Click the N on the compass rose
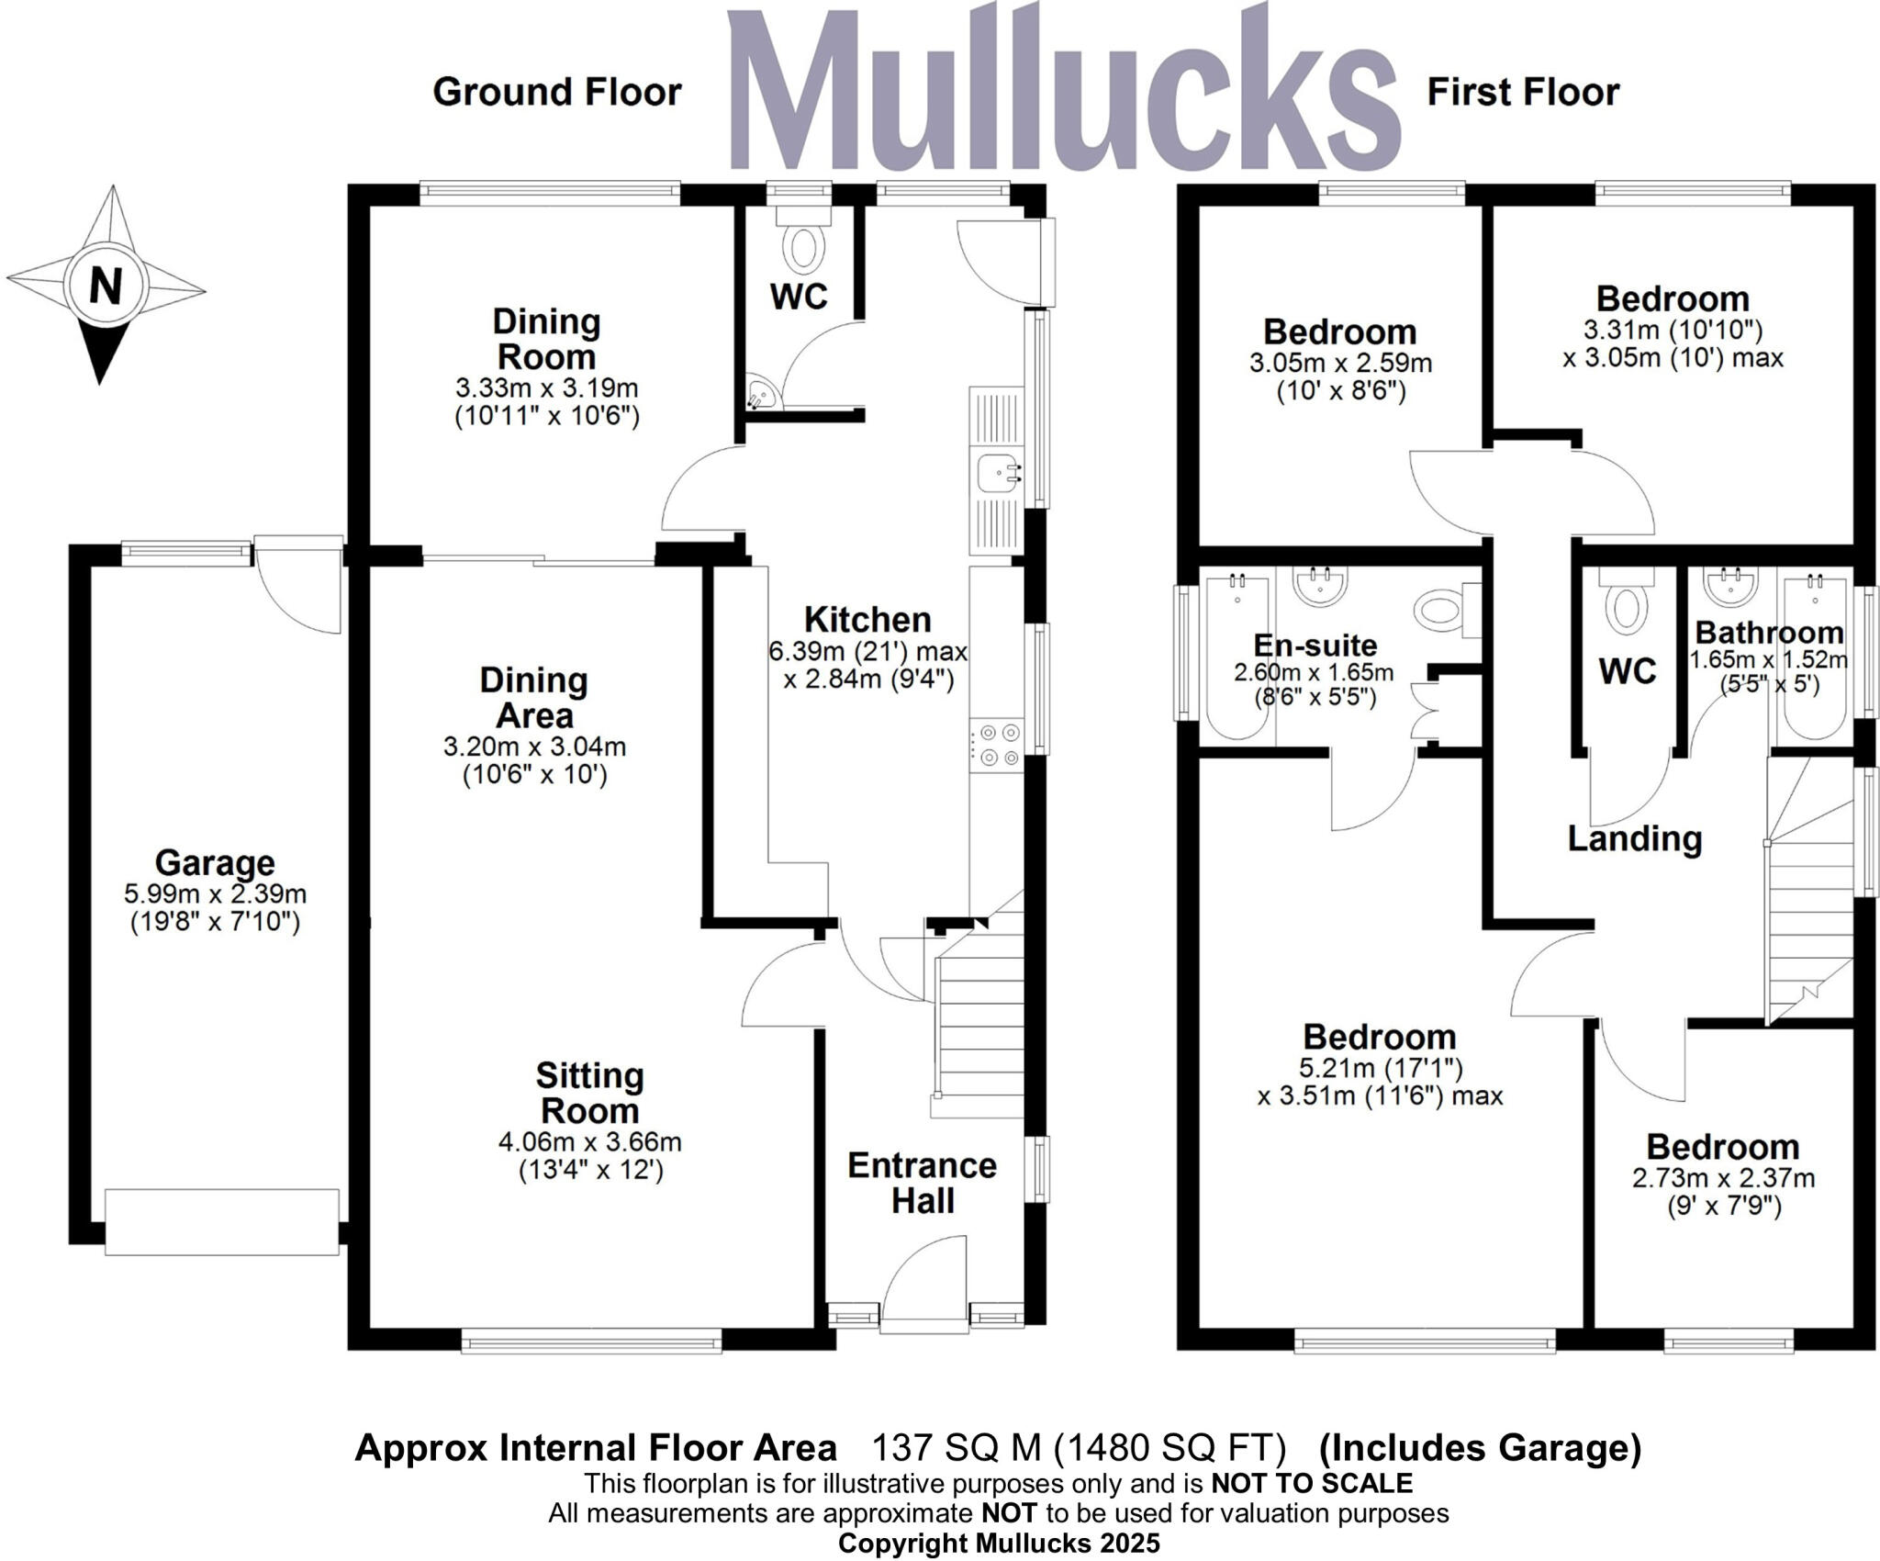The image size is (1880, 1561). (105, 286)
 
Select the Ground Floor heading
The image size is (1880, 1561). (557, 93)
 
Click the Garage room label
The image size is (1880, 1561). (215, 863)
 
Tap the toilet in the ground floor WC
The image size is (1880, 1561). (804, 249)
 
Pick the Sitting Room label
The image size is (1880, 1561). (589, 1093)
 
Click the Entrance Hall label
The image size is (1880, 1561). (922, 1183)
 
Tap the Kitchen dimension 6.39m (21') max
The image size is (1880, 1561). (867, 652)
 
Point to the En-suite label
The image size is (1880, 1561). (1315, 645)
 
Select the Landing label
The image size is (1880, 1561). (1634, 838)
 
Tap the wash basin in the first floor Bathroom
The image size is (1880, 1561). (1730, 585)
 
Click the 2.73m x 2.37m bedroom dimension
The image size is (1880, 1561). (1723, 1178)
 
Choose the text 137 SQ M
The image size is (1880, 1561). (956, 1448)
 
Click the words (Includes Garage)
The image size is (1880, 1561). (1480, 1448)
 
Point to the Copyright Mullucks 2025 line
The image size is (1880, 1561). (999, 1544)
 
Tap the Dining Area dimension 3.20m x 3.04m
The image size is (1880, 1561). (534, 747)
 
